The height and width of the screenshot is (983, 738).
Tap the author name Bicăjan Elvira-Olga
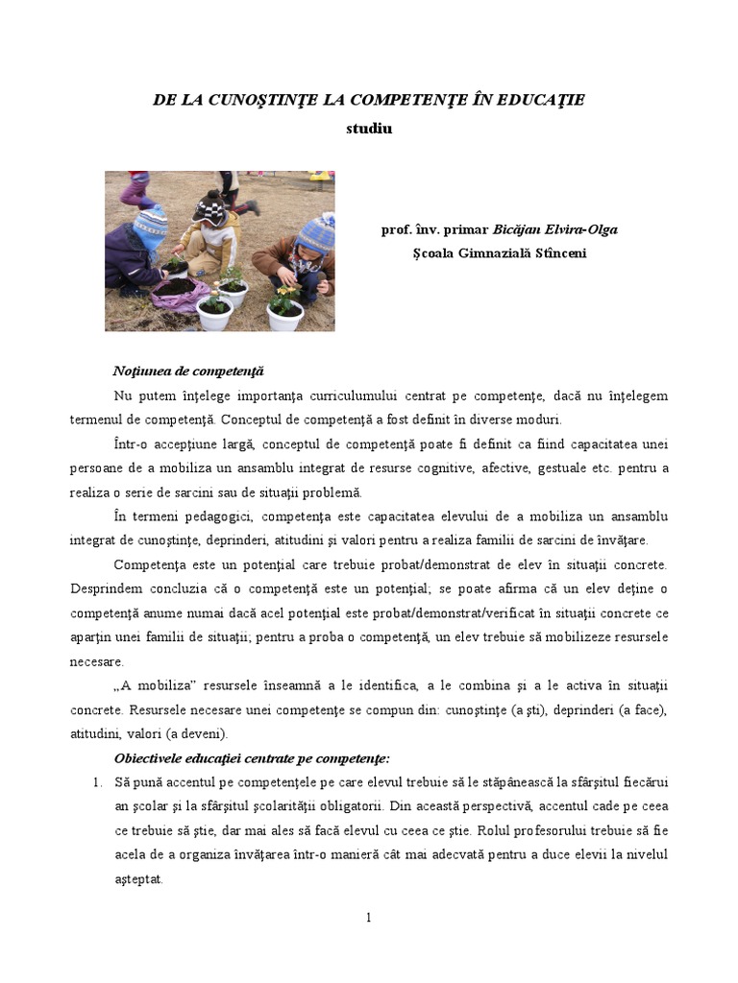[x=555, y=230]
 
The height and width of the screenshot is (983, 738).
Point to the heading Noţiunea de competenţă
[x=187, y=372]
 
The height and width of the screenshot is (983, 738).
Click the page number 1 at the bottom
[x=369, y=918]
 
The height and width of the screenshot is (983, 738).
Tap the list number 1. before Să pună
[x=99, y=782]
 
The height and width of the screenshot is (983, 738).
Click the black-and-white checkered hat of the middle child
[x=210, y=206]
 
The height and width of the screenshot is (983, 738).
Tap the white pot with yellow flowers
[x=284, y=309]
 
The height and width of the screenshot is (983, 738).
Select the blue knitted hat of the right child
[x=317, y=234]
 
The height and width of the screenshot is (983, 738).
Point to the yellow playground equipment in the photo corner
[x=321, y=177]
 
